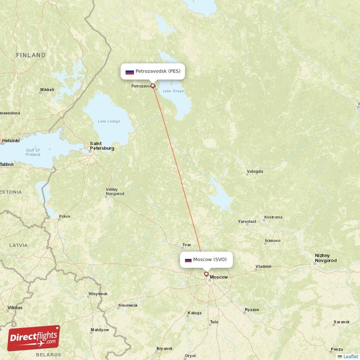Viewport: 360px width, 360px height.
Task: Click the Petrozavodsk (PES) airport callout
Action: (x=153, y=71)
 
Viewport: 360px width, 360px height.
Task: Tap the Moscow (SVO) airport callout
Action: (x=207, y=259)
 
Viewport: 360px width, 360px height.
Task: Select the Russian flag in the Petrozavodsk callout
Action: (x=130, y=72)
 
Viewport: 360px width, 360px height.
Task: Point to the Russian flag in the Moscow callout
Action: (x=188, y=260)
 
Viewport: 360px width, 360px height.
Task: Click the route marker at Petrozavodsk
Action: (x=153, y=85)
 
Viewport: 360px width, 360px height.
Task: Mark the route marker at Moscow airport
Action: (x=206, y=274)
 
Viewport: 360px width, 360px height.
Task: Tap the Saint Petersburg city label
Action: (x=102, y=145)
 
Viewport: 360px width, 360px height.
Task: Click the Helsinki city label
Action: (x=10, y=140)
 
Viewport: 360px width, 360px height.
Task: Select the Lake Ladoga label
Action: (x=108, y=121)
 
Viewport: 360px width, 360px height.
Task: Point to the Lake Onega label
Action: (x=173, y=91)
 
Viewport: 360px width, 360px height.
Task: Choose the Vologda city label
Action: (x=255, y=171)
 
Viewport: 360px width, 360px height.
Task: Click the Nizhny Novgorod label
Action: (x=325, y=258)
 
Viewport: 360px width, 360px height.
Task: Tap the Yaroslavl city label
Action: (x=247, y=221)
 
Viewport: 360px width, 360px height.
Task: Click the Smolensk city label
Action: (x=127, y=305)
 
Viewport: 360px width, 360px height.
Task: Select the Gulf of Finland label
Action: (x=32, y=152)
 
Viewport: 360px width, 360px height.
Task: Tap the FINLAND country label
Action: (x=31, y=55)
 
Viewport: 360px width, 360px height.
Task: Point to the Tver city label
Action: (x=186, y=245)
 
